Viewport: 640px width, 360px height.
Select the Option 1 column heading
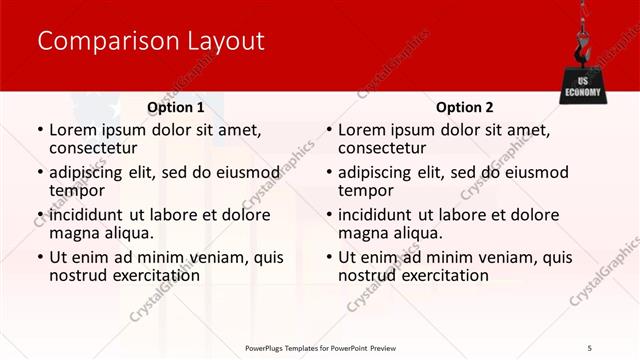[175, 107]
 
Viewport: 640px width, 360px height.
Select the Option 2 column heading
[464, 107]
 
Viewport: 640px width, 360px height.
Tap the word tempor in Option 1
[77, 190]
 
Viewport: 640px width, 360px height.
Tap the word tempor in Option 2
[366, 190]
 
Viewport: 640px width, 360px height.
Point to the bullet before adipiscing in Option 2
[328, 172]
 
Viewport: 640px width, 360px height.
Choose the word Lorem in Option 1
[73, 129]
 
